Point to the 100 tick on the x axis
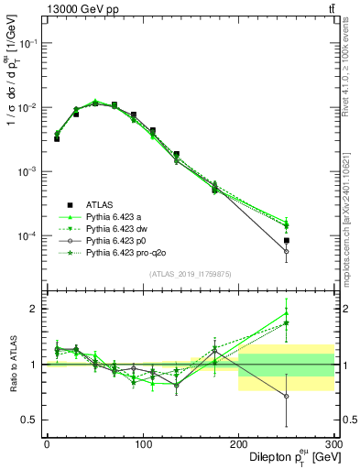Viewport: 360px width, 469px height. pyautogui.click(x=143, y=443)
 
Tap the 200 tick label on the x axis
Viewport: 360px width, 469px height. pyautogui.click(x=239, y=443)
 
